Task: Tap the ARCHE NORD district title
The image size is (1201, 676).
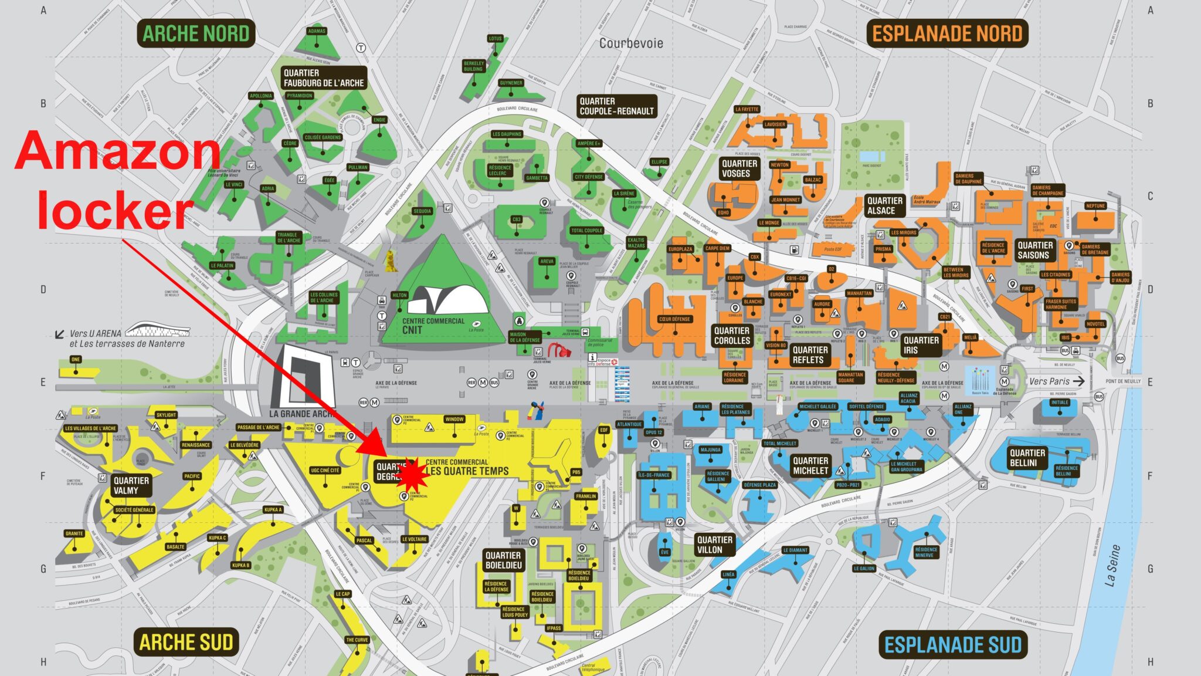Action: (x=196, y=34)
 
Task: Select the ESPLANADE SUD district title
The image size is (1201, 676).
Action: (x=953, y=645)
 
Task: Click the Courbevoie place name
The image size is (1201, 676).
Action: (x=631, y=43)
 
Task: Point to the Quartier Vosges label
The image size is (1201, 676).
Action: (x=739, y=168)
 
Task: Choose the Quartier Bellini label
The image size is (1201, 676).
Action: (x=1026, y=458)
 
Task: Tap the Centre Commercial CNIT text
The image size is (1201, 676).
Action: (x=433, y=326)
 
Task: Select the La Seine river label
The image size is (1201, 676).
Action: (x=1112, y=565)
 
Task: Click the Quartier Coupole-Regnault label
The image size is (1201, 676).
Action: (x=616, y=106)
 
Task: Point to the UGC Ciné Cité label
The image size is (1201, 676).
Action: (x=325, y=470)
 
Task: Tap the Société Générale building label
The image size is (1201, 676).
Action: (x=134, y=510)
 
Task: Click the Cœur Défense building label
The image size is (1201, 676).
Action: (x=674, y=319)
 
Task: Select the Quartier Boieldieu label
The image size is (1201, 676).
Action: (x=503, y=560)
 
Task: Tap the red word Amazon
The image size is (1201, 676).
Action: (x=117, y=151)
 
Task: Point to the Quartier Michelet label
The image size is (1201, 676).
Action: (x=810, y=465)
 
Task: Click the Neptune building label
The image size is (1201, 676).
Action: (x=1095, y=206)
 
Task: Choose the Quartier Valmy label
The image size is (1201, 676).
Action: (x=131, y=485)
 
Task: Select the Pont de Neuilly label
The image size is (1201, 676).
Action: (x=1123, y=381)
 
